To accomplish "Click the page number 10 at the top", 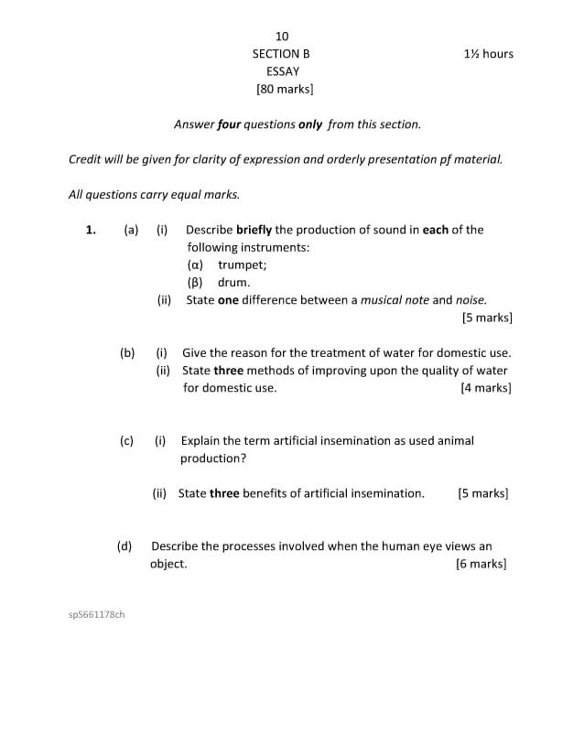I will pyautogui.click(x=282, y=37).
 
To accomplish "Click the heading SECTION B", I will pyautogui.click(x=281, y=54).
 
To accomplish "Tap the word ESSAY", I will pyautogui.click(x=283, y=71).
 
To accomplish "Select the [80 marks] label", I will pyautogui.click(x=285, y=90).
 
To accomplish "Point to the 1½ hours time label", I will pyautogui.click(x=489, y=54).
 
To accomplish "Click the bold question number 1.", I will pyautogui.click(x=91, y=230).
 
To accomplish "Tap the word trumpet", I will pyautogui.click(x=242, y=265).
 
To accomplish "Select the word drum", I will pyautogui.click(x=233, y=283).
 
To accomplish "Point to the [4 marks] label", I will pyautogui.click(x=486, y=388).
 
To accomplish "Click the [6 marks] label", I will pyautogui.click(x=481, y=564).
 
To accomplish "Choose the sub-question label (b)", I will pyautogui.click(x=127, y=352).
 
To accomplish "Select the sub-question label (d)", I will pyautogui.click(x=124, y=546).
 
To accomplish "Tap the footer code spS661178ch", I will pyautogui.click(x=97, y=614).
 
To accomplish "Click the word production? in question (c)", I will pyautogui.click(x=213, y=458).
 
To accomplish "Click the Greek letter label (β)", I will pyautogui.click(x=196, y=283).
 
